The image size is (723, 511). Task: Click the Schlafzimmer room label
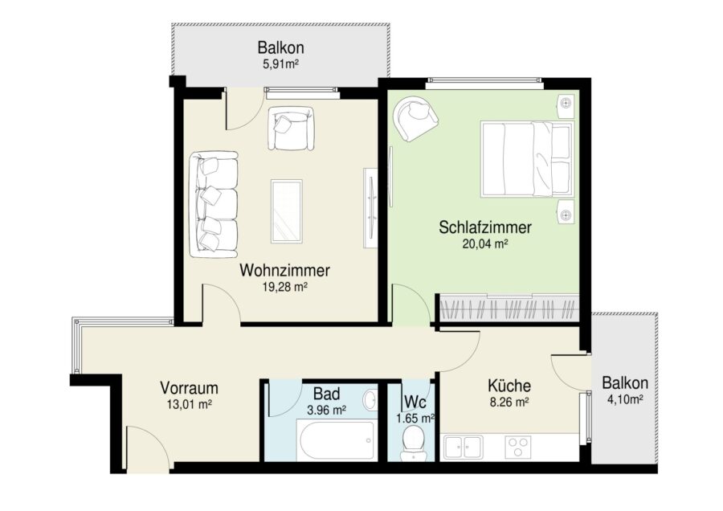coord(485,227)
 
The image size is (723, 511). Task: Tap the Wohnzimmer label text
coord(285,270)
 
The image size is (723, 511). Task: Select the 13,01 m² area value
coord(189,404)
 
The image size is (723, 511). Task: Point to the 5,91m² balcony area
coord(281,64)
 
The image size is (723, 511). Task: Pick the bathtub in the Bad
coord(336,440)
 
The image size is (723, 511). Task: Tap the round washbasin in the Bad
coord(370,399)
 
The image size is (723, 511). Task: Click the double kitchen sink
coord(463,448)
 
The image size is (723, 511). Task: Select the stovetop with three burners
coord(518,447)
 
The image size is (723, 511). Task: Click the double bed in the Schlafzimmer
coord(527,159)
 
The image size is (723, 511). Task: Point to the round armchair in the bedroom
coord(415,119)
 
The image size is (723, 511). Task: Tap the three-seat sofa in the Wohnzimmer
coord(214,204)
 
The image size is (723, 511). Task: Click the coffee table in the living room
coord(287,211)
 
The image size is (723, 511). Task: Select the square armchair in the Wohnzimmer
coord(291,128)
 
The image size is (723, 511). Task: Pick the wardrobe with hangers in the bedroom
coord(509,307)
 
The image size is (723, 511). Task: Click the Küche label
coord(509,385)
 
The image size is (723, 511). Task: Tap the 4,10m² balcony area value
coord(625,399)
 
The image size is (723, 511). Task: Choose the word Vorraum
coord(189,388)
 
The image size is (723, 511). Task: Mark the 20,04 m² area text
coord(485,243)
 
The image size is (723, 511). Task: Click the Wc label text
coord(415,403)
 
